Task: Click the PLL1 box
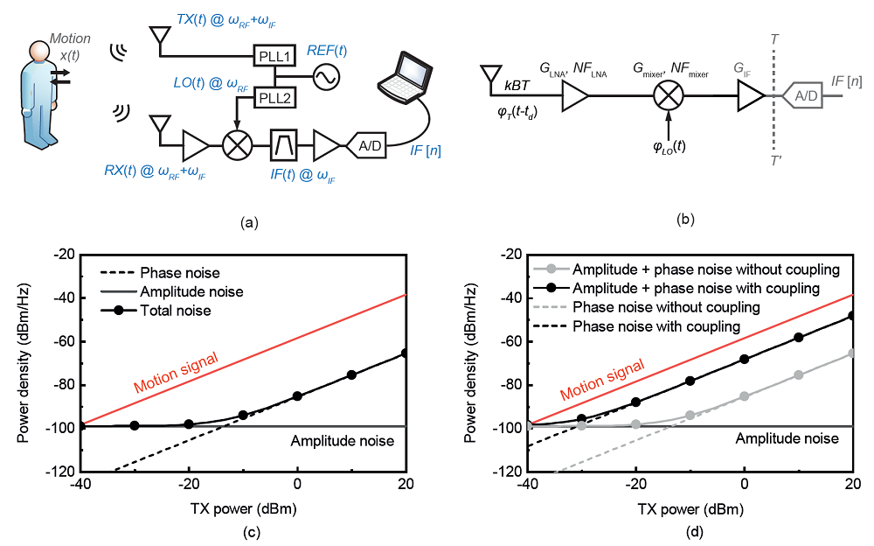point(274,56)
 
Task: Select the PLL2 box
point(274,98)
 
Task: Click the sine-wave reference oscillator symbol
point(326,77)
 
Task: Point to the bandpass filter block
point(283,145)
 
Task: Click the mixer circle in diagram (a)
point(238,145)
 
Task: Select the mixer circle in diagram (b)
point(669,95)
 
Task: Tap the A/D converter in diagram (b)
point(802,96)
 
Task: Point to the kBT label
point(517,86)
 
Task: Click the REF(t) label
point(327,51)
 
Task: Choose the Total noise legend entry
point(156,311)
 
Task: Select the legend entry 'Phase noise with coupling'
point(636,326)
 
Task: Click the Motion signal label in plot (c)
point(177,373)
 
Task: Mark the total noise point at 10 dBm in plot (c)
point(351,374)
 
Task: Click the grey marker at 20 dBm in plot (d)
point(851,353)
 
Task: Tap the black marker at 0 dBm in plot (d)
point(744,359)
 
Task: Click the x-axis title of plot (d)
point(690,509)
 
